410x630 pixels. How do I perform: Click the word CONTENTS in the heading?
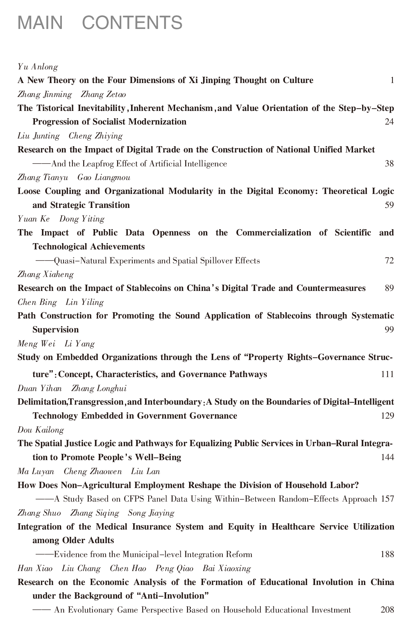(132, 23)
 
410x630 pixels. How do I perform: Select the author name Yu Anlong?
(38, 67)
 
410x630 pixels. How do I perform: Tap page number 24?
(389, 122)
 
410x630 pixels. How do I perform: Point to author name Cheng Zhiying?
(95, 136)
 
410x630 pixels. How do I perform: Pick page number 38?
(389, 164)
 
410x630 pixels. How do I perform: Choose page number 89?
(389, 288)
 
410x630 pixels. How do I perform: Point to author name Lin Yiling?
(85, 302)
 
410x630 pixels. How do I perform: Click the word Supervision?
(56, 330)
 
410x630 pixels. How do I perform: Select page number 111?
(387, 374)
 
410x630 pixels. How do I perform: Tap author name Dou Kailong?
(41, 430)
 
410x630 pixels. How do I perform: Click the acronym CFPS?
(134, 499)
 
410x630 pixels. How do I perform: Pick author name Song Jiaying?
(151, 513)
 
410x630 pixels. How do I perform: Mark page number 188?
(387, 554)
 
